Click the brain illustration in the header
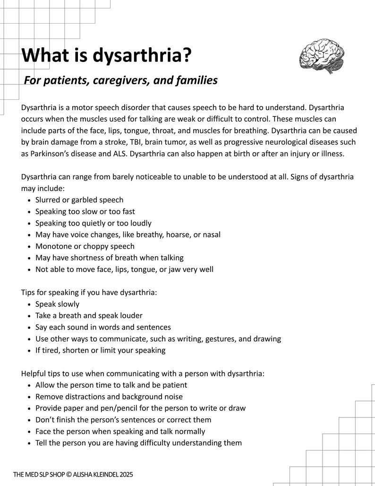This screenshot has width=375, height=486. point(322,56)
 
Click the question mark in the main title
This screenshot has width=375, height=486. point(186,55)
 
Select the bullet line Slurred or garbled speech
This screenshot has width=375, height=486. point(79,200)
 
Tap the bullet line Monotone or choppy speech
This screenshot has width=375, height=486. point(85,246)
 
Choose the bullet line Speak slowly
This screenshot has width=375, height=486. point(57,304)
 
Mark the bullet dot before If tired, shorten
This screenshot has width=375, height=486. point(30,351)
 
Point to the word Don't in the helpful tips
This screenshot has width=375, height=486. point(45,420)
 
